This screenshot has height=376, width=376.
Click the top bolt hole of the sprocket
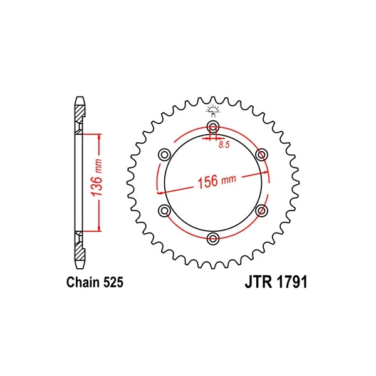(213, 126)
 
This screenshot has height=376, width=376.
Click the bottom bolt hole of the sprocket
(213, 239)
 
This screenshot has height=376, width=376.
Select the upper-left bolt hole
(164, 155)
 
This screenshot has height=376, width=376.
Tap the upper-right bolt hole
(261, 155)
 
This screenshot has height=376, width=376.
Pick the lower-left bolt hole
(164, 211)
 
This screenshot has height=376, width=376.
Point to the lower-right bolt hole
(261, 211)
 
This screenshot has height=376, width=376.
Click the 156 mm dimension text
(217, 181)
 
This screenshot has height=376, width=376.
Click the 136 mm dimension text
(97, 177)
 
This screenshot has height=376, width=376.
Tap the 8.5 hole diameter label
(224, 145)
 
